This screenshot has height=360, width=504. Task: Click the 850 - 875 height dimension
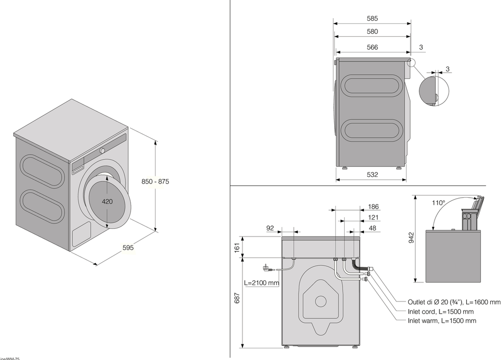155,182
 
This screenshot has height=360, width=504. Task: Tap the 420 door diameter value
107,201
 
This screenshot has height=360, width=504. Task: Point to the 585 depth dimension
372,19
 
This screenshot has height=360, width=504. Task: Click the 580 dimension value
372,31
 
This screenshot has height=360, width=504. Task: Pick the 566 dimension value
372,47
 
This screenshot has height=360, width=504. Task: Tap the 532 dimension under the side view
372,174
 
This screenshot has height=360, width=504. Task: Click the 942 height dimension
411,237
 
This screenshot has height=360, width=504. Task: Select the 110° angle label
438,203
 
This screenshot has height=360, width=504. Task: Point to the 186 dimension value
373,207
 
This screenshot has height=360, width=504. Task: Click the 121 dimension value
373,217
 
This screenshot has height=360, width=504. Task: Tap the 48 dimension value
373,228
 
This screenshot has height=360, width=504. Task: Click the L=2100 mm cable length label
261,283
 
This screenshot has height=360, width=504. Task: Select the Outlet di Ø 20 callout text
454,302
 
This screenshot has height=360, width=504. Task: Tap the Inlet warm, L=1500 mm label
442,321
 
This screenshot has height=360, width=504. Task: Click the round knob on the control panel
103,150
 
